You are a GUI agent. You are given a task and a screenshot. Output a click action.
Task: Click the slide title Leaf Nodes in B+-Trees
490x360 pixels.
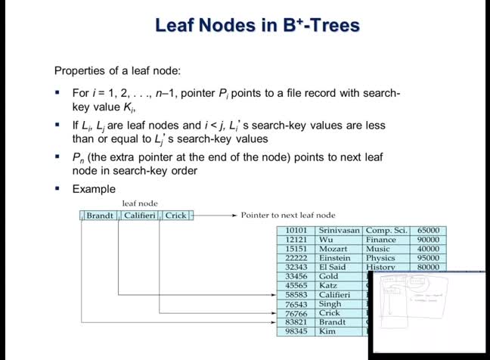[257, 26]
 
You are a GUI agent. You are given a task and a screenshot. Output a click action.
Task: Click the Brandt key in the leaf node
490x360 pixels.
[100, 216]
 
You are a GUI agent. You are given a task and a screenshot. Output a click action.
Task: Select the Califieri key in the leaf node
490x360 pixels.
[140, 216]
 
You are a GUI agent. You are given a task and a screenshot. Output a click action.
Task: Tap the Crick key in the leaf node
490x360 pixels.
[176, 216]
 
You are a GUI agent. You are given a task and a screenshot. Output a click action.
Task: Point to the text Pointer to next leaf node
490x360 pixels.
[288, 216]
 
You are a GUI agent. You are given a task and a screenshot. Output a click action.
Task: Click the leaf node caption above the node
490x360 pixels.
[140, 203]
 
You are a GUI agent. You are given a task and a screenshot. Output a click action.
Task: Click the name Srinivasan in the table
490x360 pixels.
[340, 230]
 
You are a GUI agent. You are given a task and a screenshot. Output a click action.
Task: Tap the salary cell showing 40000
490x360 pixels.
[428, 249]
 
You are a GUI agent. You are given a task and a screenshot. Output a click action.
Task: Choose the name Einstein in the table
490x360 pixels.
[336, 258]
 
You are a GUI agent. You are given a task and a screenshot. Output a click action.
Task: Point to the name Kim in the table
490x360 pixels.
[327, 331]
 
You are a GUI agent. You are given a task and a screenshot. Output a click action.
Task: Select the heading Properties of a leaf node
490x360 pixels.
[117, 71]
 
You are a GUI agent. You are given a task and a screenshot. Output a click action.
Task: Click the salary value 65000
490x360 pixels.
[428, 230]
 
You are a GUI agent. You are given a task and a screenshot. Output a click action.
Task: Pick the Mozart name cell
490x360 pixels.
[333, 249]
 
